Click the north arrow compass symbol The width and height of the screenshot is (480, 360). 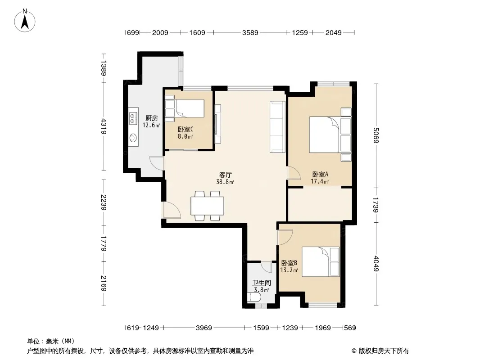tap(25, 20)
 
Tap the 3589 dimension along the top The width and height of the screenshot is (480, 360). tap(250, 32)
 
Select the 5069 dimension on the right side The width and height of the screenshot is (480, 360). tap(376, 135)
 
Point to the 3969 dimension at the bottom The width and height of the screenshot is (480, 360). tap(204, 328)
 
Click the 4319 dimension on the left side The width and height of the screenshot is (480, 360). tap(104, 126)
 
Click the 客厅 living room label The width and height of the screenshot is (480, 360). tap(225, 175)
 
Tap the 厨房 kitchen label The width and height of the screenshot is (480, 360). tap(152, 118)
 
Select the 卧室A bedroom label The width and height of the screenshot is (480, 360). tap(320, 174)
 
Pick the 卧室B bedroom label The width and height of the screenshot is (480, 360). tap(289, 263)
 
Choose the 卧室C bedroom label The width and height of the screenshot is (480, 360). tap(186, 130)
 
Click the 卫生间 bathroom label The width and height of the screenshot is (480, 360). tap(262, 283)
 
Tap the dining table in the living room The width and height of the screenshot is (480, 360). tap(207, 206)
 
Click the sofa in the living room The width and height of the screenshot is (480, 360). tap(277, 127)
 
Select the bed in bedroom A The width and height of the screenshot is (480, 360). tap(330, 135)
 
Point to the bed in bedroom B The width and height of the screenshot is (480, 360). tap(321, 262)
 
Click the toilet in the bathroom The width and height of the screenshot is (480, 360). tap(254, 297)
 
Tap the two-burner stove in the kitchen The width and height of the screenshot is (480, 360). tap(133, 118)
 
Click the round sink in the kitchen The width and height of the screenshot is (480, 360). tap(133, 138)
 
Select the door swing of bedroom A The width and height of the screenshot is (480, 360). tap(294, 173)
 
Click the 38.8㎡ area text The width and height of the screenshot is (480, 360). tap(225, 182)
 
